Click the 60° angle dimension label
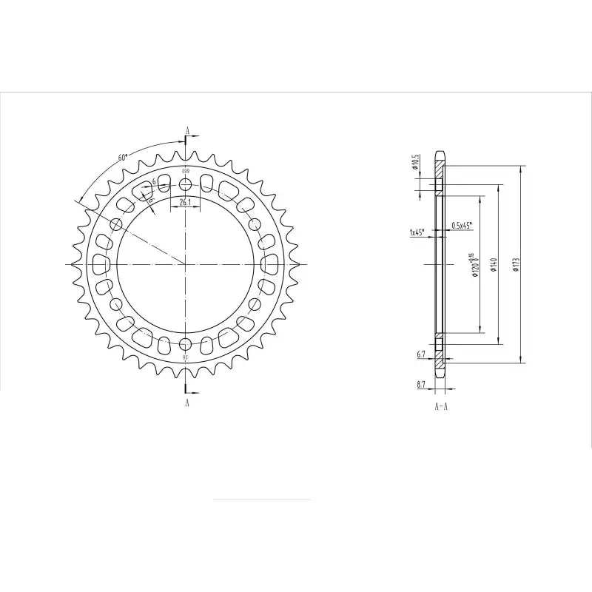click(x=123, y=158)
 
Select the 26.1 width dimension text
click(x=185, y=201)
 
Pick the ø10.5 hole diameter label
click(x=417, y=161)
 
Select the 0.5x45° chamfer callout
click(x=461, y=225)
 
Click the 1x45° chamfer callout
click(x=416, y=232)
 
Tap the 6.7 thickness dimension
click(x=421, y=354)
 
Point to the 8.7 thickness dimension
click(x=421, y=385)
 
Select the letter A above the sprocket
click(x=188, y=131)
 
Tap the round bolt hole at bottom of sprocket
click(x=185, y=343)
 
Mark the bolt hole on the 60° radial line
click(x=116, y=224)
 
